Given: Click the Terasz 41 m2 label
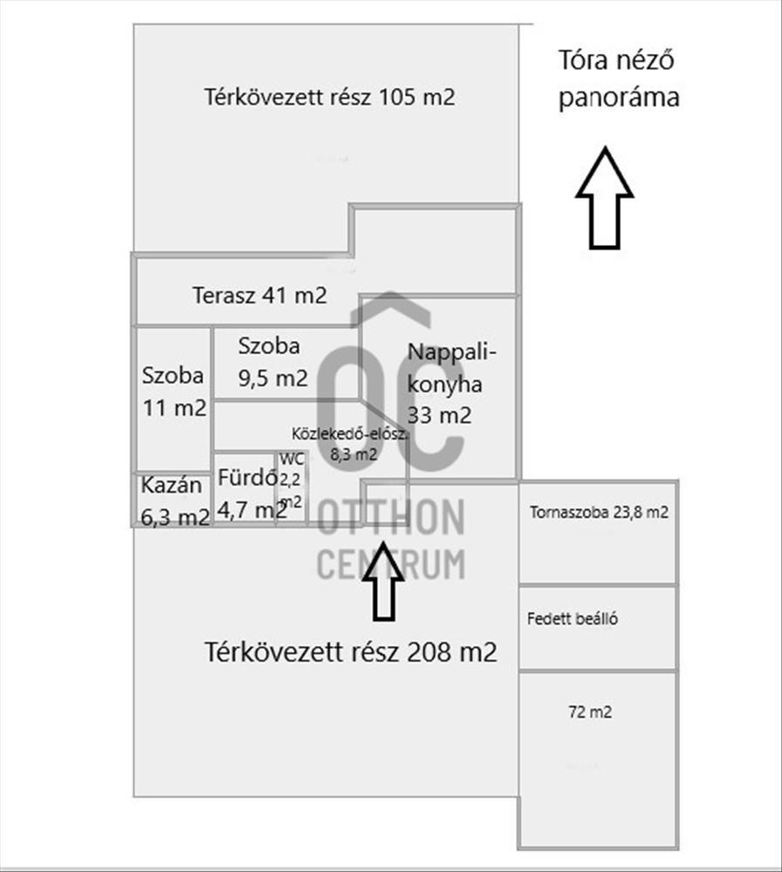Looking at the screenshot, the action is tap(259, 295).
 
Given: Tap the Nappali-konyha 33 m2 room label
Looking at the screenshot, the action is tap(451, 384).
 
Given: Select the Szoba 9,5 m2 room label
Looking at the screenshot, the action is tap(272, 362).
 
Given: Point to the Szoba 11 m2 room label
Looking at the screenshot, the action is tap(175, 392).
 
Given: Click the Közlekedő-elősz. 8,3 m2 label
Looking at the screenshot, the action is tap(350, 444).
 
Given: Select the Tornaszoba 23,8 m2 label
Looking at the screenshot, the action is tap(599, 512).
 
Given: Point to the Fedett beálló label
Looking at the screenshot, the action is tap(573, 618).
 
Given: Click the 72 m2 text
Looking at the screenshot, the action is tap(590, 712).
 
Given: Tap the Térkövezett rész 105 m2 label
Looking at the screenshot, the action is tap(330, 97).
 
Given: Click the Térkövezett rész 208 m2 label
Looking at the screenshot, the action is tap(351, 651).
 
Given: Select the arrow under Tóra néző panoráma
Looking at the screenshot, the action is tap(605, 199).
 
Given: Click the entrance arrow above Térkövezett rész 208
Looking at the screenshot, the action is tap(383, 581).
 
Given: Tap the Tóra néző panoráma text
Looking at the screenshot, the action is tap(619, 79).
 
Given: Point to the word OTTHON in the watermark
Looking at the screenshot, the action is tap(391, 517).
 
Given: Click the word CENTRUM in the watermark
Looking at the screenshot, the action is tap(391, 563).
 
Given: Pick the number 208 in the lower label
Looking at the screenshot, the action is tap(430, 651).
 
